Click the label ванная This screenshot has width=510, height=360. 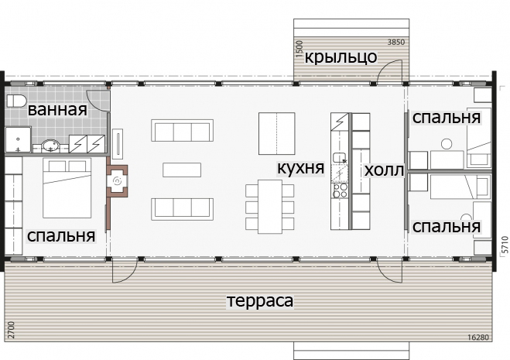57,110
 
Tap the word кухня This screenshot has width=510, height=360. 300,168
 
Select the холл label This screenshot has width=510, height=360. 384,170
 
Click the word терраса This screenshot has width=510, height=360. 260,300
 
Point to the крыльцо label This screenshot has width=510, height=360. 341,57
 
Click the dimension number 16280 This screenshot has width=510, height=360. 478,338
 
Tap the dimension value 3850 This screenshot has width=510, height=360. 396,42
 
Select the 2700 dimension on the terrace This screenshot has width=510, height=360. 12,330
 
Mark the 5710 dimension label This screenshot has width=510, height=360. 504,245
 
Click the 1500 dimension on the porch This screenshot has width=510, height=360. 299,49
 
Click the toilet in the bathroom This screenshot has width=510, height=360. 16,101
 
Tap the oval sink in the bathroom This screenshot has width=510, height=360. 51,146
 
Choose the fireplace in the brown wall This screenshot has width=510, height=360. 117,180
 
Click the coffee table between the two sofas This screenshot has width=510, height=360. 182,170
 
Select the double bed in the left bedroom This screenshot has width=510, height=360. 67,188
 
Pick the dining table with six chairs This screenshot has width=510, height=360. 270,207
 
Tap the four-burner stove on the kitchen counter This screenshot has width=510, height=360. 340,190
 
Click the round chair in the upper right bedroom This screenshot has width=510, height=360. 447,143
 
